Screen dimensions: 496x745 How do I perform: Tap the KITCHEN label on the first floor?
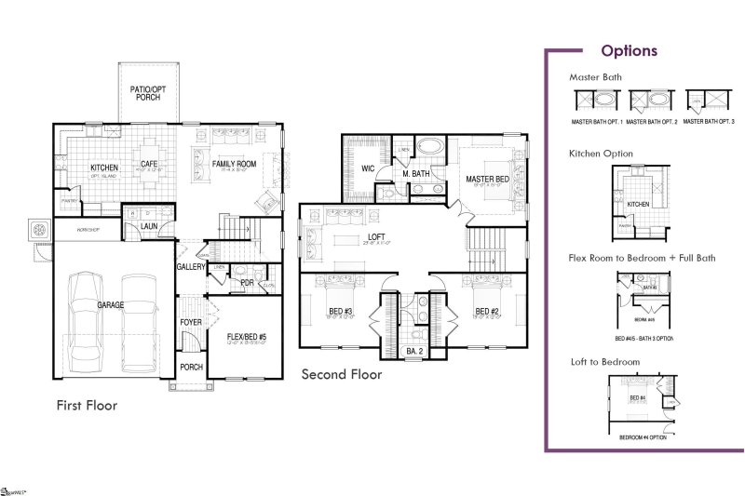(x=103, y=168)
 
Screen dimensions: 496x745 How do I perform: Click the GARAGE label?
(x=111, y=304)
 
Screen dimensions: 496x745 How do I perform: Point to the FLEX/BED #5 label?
(x=247, y=338)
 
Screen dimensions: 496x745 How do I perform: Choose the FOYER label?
(x=191, y=323)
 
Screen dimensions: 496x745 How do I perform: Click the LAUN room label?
(x=148, y=225)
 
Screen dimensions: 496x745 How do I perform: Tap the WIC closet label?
(x=368, y=168)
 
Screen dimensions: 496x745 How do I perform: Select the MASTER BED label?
(x=487, y=179)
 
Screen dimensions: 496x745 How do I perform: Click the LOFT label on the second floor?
(x=376, y=237)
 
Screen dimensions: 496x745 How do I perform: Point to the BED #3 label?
(x=340, y=311)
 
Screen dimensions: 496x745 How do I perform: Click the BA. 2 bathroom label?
(x=414, y=351)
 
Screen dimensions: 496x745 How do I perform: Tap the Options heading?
(x=629, y=51)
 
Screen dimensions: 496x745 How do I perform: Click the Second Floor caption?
(x=341, y=374)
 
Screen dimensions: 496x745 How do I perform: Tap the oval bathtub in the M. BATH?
(x=429, y=146)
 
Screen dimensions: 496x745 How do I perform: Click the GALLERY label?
(x=191, y=267)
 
